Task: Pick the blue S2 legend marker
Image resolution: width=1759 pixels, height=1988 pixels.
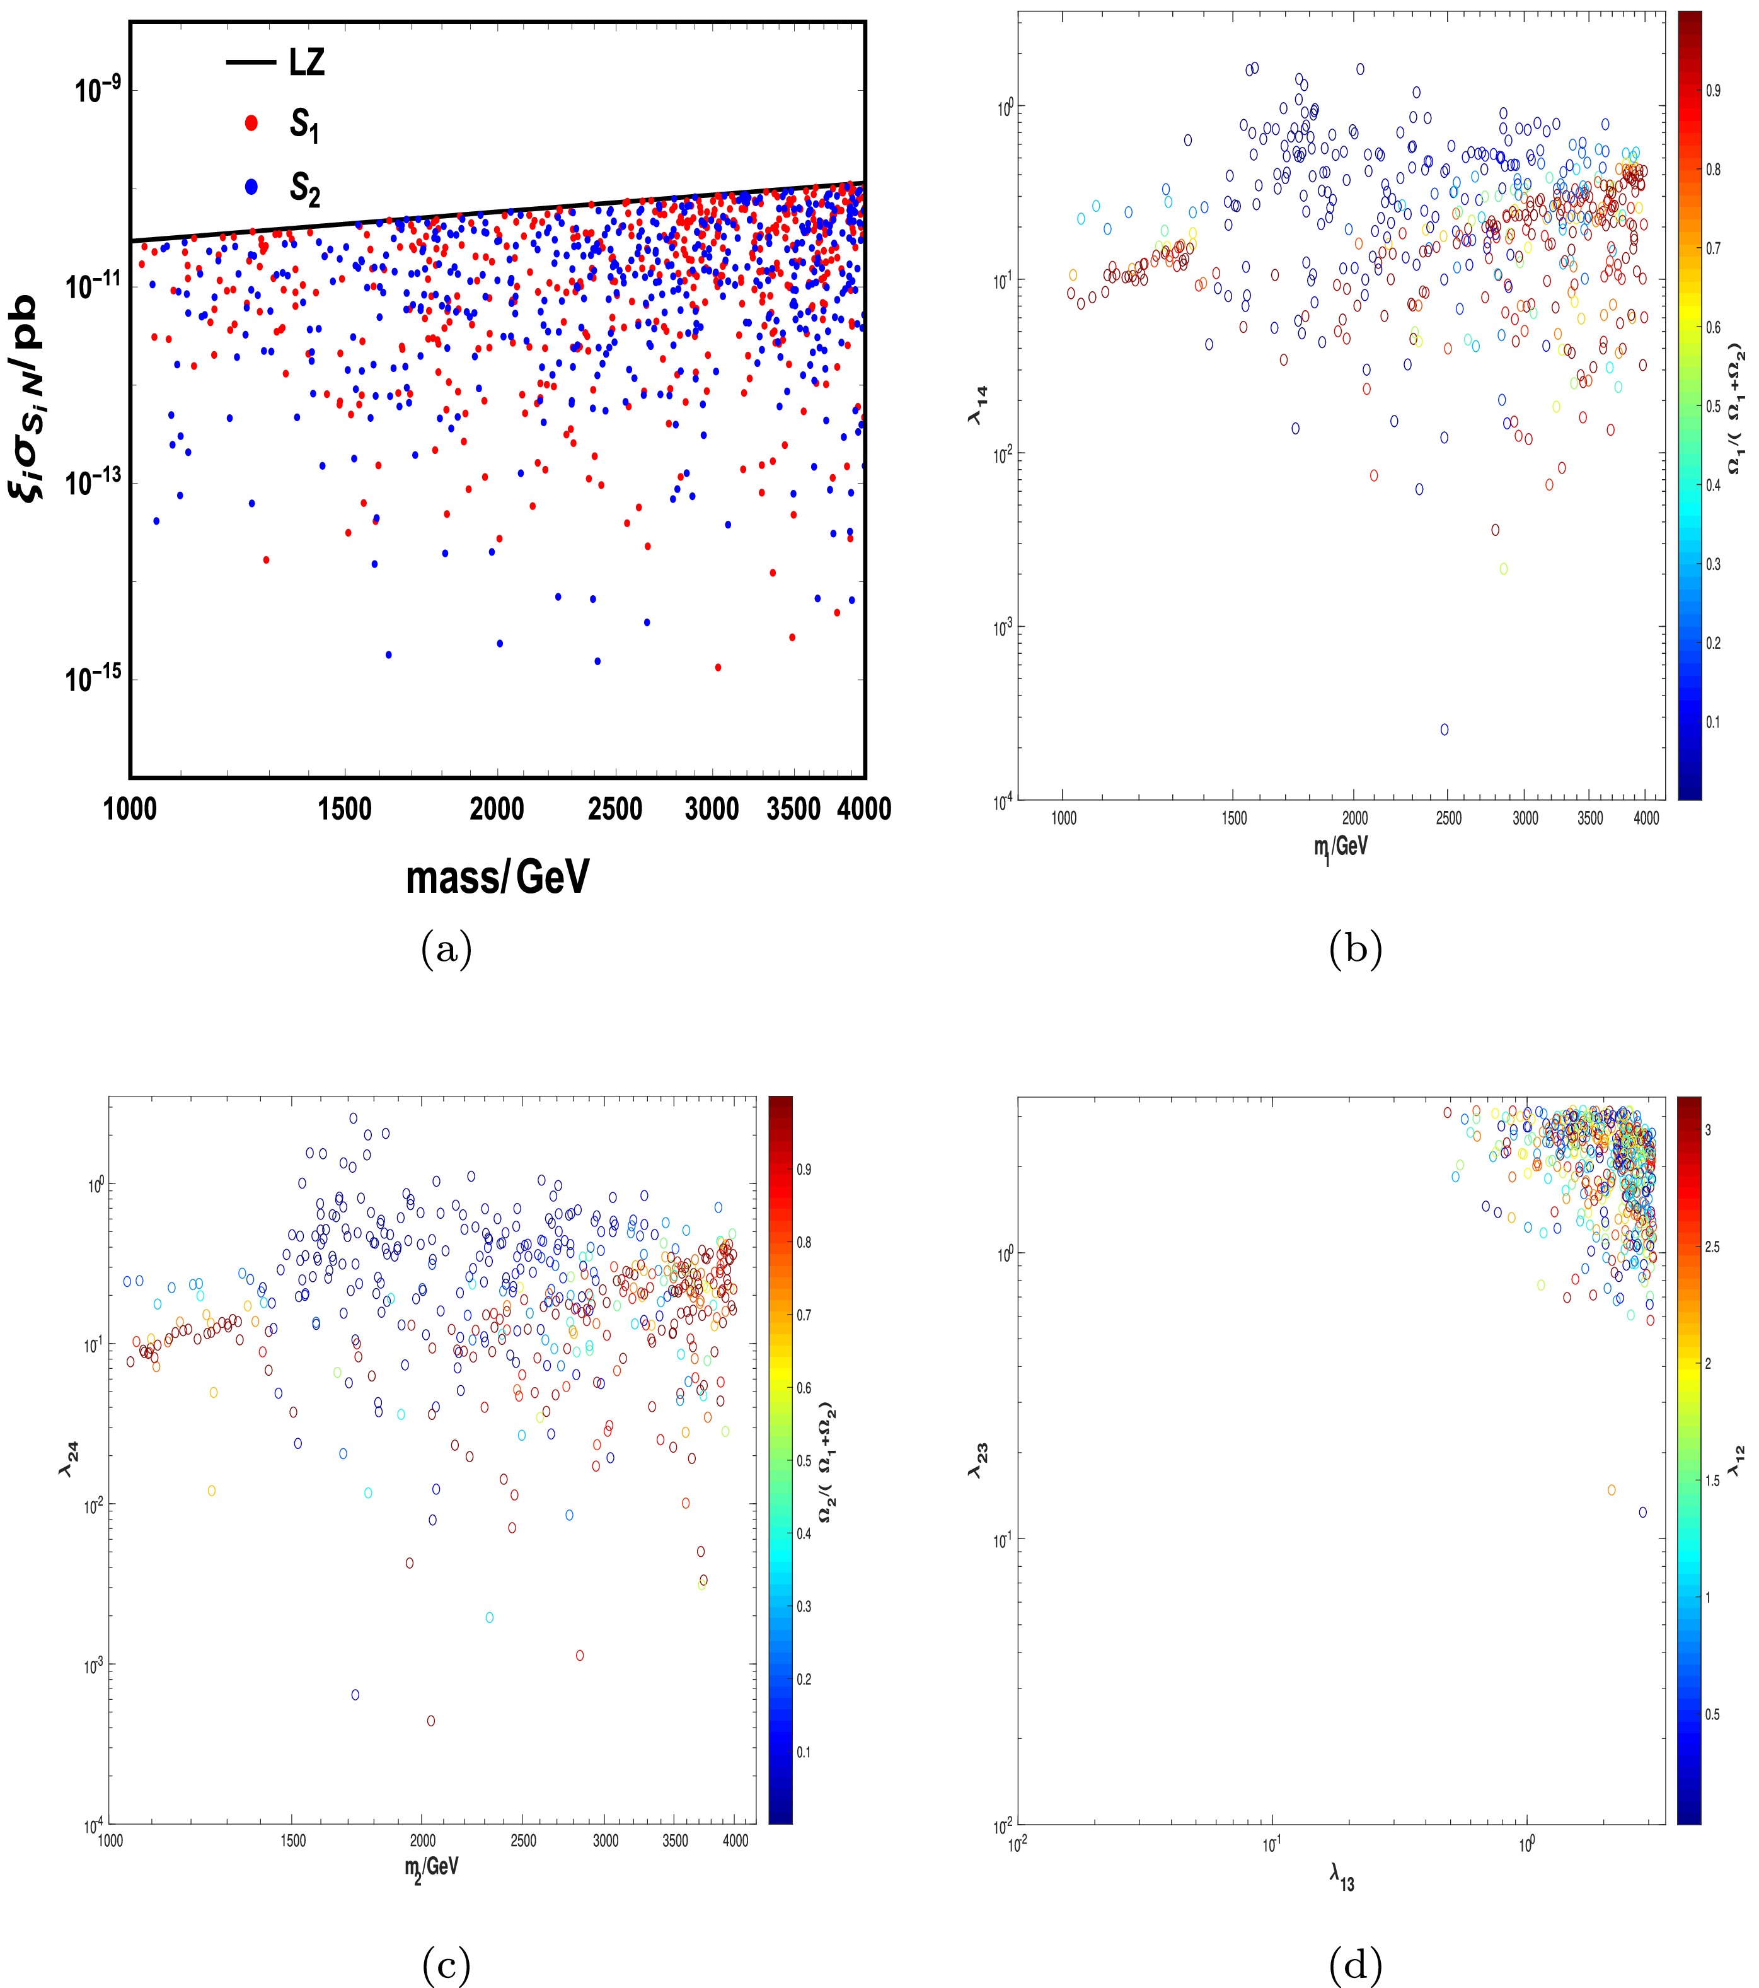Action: pos(251,189)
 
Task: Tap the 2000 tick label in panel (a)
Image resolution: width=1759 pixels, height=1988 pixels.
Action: pos(497,809)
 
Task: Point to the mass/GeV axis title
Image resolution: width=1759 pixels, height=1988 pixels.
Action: pos(497,877)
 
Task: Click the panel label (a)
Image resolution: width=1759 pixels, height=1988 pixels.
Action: pos(446,948)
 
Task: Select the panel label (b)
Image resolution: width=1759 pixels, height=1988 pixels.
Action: pos(1354,948)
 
